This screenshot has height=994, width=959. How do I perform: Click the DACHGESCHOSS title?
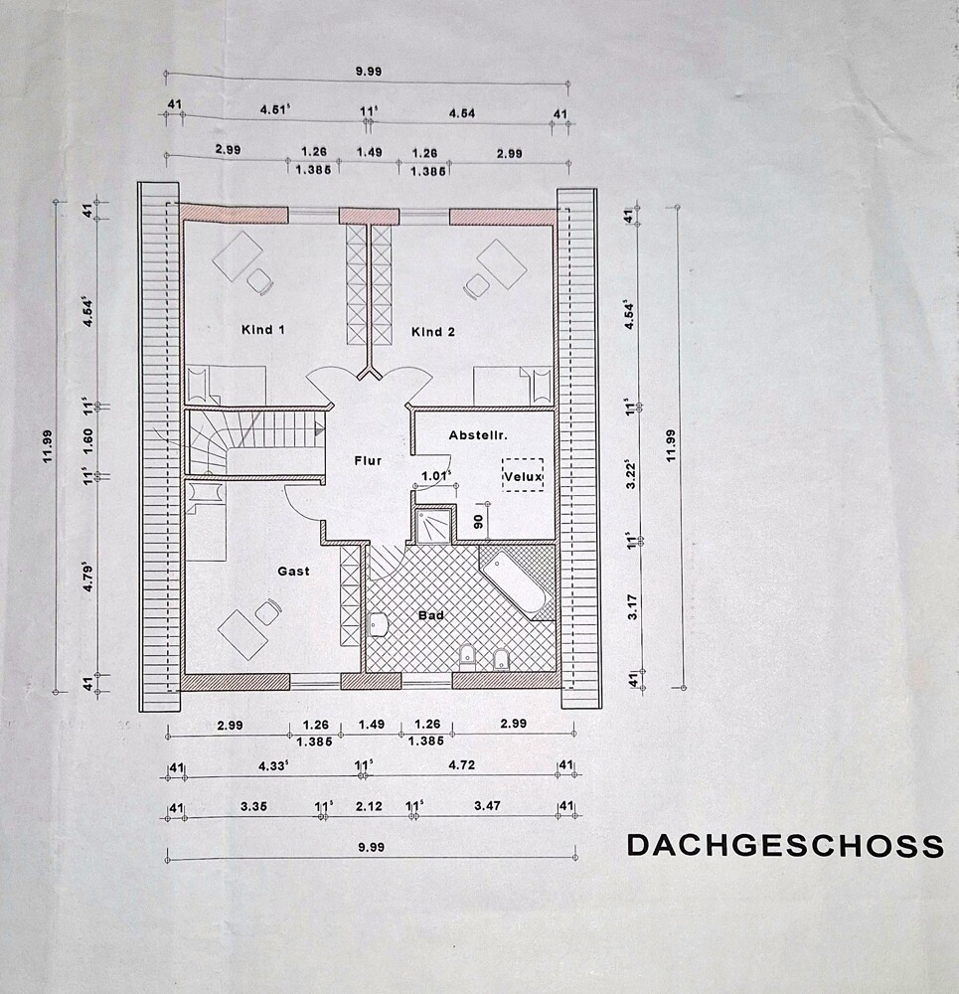(x=784, y=845)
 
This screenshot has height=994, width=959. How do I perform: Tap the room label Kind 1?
(x=263, y=330)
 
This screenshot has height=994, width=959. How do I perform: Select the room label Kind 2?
(x=433, y=331)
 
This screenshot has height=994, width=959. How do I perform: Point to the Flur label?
(x=368, y=460)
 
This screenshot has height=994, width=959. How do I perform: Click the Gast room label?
(x=293, y=571)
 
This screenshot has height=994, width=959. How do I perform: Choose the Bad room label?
(x=430, y=615)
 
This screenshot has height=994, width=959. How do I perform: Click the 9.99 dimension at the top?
(x=368, y=71)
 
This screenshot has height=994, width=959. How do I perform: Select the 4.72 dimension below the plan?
(x=463, y=765)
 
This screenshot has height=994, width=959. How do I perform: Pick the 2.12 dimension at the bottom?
(x=367, y=806)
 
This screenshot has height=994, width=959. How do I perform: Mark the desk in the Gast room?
(x=242, y=632)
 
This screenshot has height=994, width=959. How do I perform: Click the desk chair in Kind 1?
(x=259, y=281)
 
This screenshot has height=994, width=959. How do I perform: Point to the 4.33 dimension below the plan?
(x=272, y=765)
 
